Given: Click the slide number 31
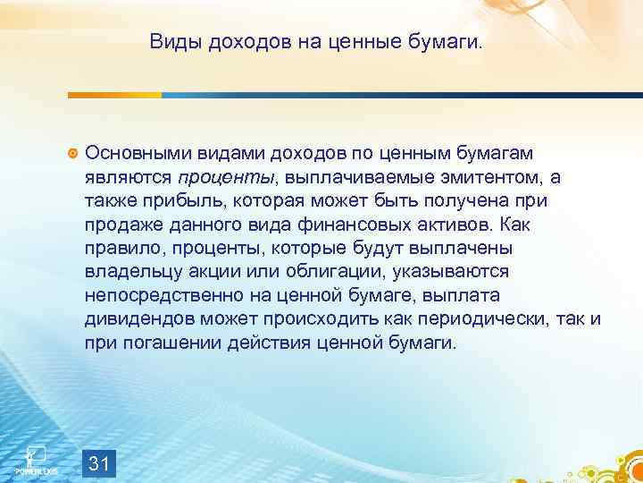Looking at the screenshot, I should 99,463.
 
